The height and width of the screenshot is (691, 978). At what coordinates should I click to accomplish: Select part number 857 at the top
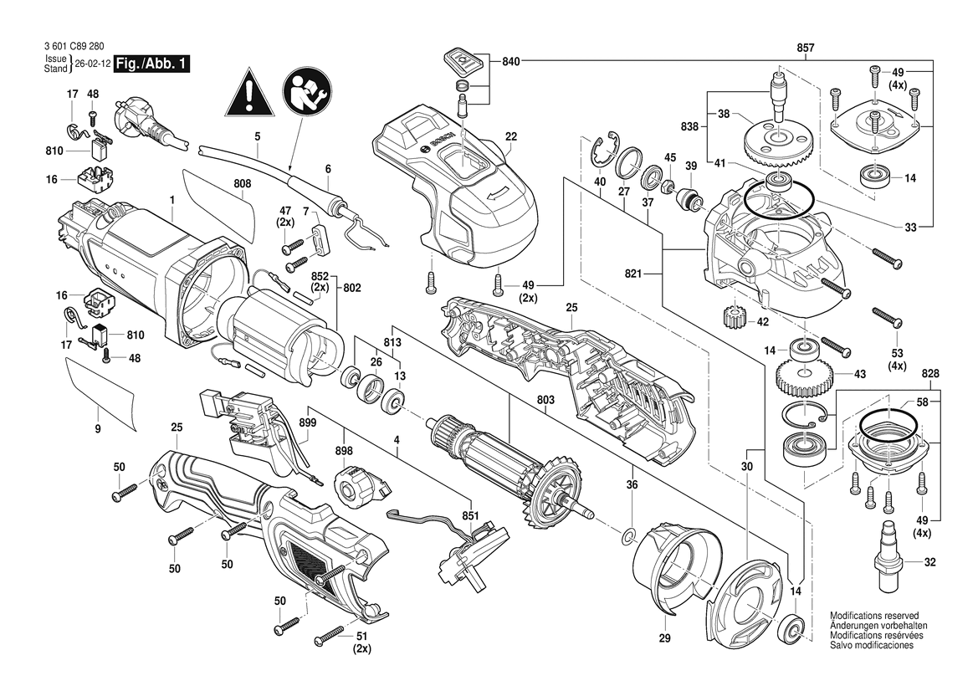806,49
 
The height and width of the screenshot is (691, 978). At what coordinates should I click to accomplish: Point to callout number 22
511,136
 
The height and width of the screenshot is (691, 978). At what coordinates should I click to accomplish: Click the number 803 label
545,401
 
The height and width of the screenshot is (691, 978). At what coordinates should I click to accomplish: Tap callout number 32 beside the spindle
929,563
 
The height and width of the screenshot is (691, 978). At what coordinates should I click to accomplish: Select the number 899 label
307,423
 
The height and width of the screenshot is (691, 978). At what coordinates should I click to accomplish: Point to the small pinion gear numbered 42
731,318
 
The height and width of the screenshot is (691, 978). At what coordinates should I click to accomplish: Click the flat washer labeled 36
627,535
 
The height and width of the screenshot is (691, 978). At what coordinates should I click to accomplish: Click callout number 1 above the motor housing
172,200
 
